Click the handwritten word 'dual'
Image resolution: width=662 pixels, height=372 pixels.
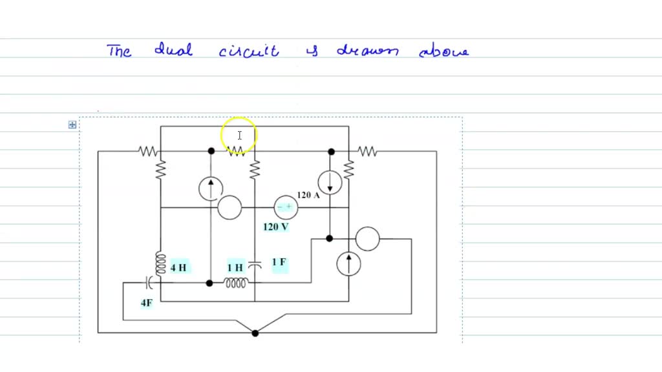[x=173, y=50]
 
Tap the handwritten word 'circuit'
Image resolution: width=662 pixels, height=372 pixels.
[x=249, y=51]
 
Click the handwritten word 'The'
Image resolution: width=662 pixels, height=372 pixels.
[x=119, y=51]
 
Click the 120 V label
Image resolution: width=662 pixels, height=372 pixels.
[x=275, y=227]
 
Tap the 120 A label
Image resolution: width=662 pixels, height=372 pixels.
[x=308, y=195]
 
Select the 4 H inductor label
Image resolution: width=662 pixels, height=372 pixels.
[x=179, y=267]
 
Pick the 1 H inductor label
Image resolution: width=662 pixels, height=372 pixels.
[x=235, y=267]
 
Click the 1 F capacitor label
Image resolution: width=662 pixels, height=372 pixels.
[x=279, y=262]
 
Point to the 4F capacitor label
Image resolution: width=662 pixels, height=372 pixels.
[x=147, y=302]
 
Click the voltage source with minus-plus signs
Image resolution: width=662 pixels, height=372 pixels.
[x=285, y=207]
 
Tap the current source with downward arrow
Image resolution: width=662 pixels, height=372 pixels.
[x=330, y=183]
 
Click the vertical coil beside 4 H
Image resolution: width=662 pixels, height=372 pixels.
[x=160, y=263]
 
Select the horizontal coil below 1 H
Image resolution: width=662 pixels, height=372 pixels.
[x=235, y=283]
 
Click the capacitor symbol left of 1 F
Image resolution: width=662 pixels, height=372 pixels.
[x=255, y=264]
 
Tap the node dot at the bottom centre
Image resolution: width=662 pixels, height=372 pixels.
[x=255, y=333]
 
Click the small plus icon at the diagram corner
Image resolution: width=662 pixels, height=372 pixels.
[x=72, y=125]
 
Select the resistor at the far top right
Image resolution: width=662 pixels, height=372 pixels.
[x=367, y=151]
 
